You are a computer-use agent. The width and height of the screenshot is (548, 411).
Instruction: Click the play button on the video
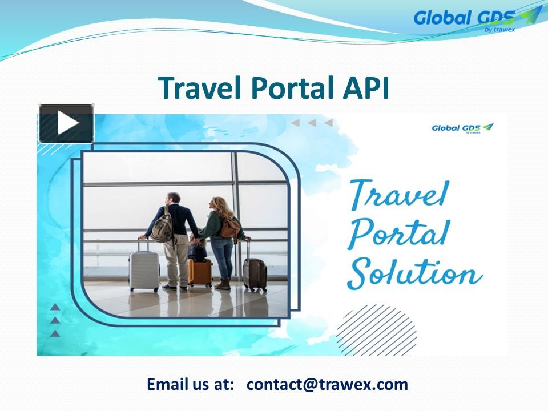click(x=66, y=123)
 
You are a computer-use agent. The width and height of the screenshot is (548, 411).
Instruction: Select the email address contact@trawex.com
click(x=327, y=384)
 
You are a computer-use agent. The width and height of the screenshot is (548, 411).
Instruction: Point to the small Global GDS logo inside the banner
click(x=462, y=128)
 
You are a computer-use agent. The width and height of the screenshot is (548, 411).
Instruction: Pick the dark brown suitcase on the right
click(x=255, y=273)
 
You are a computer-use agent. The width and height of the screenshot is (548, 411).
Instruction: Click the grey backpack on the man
click(x=163, y=227)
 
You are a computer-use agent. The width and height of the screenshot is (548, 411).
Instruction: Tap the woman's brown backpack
click(x=231, y=227)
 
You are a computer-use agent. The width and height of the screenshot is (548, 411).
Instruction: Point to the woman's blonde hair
click(x=220, y=207)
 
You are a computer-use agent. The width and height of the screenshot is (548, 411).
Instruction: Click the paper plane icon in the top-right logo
click(x=531, y=14)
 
